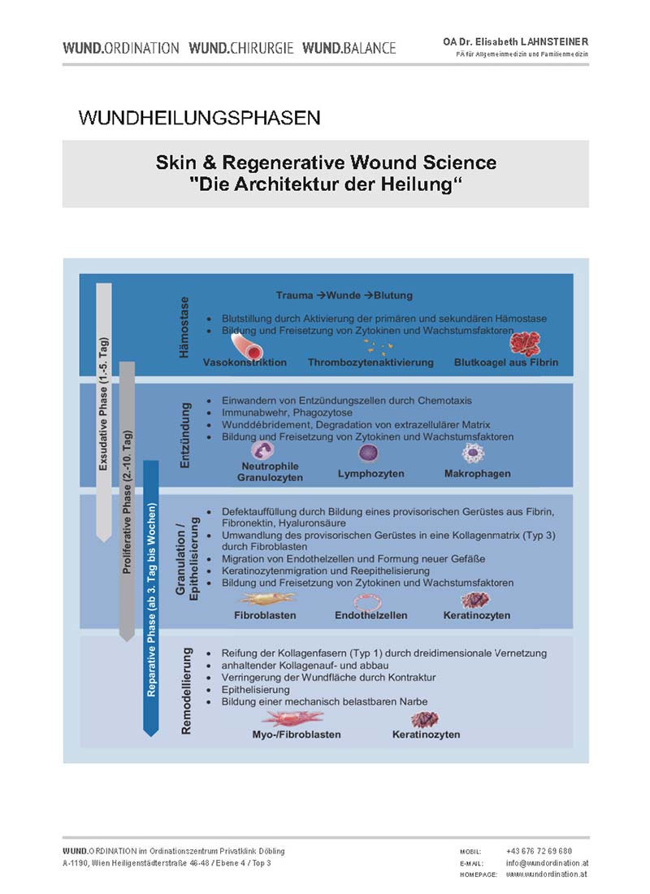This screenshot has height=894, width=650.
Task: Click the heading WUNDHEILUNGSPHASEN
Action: point(200,118)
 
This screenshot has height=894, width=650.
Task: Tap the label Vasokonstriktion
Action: point(245,362)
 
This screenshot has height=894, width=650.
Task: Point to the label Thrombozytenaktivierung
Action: point(370,362)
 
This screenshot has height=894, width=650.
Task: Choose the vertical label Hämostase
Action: point(184,328)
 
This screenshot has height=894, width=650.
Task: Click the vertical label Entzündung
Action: point(184,436)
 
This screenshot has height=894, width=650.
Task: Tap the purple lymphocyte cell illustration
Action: point(368,454)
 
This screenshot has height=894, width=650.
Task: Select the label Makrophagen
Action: point(477,474)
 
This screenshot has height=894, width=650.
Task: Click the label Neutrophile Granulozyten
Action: point(270,472)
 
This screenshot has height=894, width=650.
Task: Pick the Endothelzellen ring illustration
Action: point(368,601)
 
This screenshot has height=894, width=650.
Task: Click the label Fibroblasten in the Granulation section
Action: point(265,616)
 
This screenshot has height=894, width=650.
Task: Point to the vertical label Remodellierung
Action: point(186,691)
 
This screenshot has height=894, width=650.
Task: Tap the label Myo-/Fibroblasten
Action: point(297,735)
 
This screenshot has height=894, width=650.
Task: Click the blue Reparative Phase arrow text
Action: point(151,600)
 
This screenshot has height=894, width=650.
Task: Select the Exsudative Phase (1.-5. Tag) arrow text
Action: point(103,405)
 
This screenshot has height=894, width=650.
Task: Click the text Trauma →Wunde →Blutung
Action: point(344,295)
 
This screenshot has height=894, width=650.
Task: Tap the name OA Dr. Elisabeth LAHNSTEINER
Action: point(515,41)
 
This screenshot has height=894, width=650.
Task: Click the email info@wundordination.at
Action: point(547,863)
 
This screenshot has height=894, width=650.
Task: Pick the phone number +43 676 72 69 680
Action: point(539,851)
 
